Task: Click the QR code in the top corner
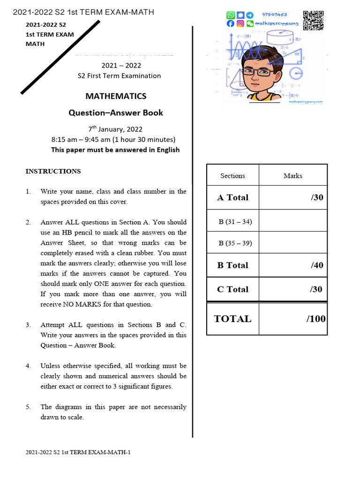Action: (x=313, y=20)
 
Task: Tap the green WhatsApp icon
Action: (x=230, y=15)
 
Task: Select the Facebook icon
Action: (x=230, y=23)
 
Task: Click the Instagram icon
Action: (x=240, y=23)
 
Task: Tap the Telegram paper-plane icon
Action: (x=250, y=15)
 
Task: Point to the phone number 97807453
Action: (x=287, y=15)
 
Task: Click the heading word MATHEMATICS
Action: (x=116, y=96)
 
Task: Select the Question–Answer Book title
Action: (x=116, y=112)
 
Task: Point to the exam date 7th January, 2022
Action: (x=115, y=129)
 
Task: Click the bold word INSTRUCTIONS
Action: (x=53, y=171)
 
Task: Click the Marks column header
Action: (x=292, y=176)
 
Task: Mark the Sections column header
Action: (x=232, y=176)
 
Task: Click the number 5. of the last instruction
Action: (x=29, y=407)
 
